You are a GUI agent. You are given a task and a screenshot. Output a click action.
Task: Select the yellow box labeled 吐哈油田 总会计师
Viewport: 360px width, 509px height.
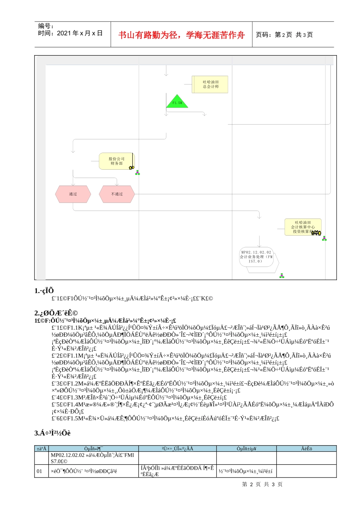click(210, 84)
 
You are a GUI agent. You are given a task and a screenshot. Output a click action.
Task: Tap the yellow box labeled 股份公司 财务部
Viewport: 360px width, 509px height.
click(116, 161)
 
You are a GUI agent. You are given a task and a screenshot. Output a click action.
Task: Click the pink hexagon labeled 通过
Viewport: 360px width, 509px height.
click(73, 194)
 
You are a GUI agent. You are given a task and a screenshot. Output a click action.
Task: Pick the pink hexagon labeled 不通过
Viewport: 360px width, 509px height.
click(117, 194)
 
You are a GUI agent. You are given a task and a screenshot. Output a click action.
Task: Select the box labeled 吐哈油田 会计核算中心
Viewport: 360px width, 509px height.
click(303, 227)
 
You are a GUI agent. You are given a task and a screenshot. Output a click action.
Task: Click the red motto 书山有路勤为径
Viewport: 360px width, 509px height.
click(182, 35)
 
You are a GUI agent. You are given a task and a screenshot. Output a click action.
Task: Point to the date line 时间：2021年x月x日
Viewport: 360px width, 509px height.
click(70, 33)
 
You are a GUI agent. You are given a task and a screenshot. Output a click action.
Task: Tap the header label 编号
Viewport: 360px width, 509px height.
click(46, 26)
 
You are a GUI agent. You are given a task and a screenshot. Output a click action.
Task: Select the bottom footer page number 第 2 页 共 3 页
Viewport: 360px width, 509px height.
click(262, 484)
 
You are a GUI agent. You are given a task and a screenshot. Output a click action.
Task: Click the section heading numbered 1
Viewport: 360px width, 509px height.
click(44, 291)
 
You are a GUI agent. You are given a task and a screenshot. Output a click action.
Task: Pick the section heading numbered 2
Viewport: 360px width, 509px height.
click(56, 313)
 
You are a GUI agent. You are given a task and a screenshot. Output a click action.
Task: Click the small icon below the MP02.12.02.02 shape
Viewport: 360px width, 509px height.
click(282, 276)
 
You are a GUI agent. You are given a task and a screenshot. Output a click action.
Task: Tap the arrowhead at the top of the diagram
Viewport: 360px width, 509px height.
click(166, 74)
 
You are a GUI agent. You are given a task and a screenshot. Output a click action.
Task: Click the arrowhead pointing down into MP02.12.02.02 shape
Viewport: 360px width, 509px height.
click(259, 245)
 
